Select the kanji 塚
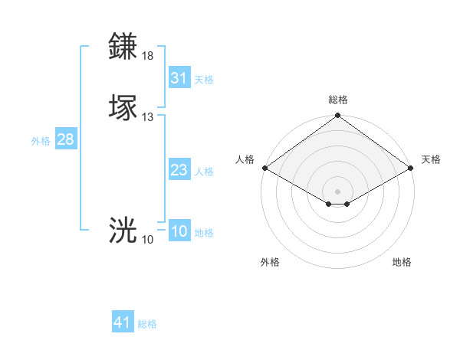coord(123,108)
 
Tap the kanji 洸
coord(123,231)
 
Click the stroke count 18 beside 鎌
coord(148,56)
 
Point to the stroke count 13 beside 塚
coord(148,117)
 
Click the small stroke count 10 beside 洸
coord(148,240)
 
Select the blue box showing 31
coord(179,78)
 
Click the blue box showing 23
coord(179,170)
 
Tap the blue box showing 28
coord(65,139)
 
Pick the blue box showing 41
coord(123,322)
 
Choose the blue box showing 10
coord(179,231)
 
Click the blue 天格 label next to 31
coord(204,80)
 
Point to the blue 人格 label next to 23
coord(204,172)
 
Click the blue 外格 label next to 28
coord(41,141)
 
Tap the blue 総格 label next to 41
coord(147,324)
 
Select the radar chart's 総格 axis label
coord(338,100)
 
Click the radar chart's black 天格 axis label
coord(431,159)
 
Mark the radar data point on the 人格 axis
coord(264,168)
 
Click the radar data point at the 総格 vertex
coord(337,116)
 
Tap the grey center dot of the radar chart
coord(337,191)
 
